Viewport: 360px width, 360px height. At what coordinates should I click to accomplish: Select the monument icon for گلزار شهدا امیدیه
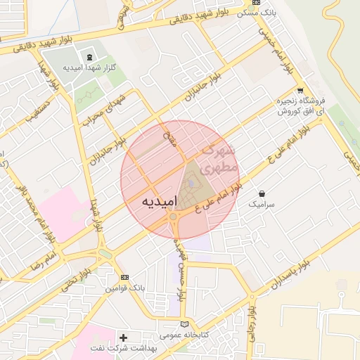(x=89, y=56)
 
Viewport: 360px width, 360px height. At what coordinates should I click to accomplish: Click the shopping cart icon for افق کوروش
(x=300, y=90)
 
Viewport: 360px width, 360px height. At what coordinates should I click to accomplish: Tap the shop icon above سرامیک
(x=262, y=193)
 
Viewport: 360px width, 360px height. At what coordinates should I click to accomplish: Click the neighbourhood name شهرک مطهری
(x=217, y=159)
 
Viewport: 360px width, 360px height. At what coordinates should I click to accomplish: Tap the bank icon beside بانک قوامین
(x=124, y=277)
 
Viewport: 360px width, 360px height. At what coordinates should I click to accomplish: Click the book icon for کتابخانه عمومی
(x=184, y=324)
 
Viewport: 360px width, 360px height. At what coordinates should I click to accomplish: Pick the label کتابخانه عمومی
(x=182, y=335)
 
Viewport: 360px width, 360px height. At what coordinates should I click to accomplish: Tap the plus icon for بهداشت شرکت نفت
(x=124, y=337)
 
